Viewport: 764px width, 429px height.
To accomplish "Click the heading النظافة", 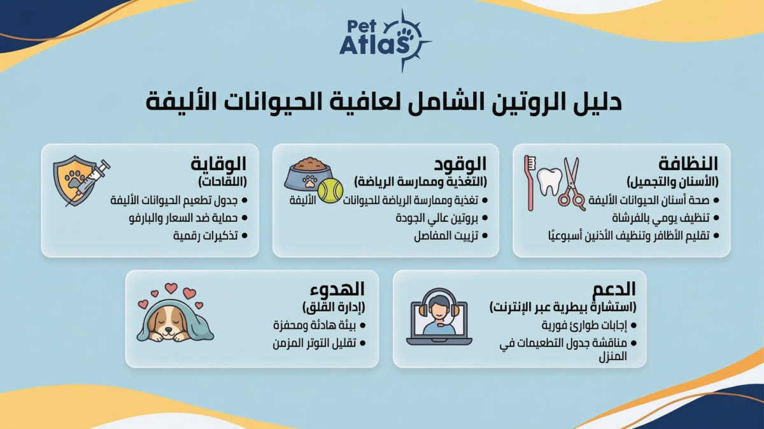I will pos(689,164).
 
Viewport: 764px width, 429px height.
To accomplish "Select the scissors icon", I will pos(571,184).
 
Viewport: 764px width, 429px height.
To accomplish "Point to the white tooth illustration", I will pos(549,182).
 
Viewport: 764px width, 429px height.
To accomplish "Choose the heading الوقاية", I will pos(218,164).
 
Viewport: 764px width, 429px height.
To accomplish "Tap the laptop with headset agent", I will pos(439,317).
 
